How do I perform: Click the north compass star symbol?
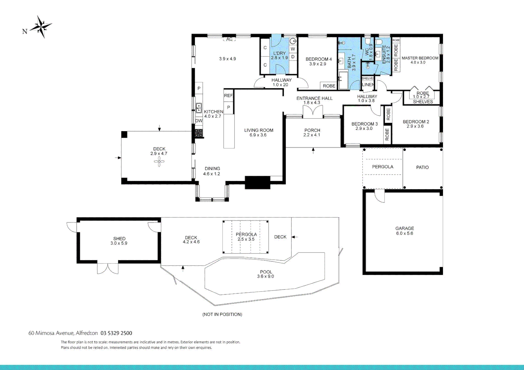(41, 26)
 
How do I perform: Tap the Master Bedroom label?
(420, 58)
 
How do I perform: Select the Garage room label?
(404, 229)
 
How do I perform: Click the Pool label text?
(266, 272)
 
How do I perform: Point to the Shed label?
(119, 239)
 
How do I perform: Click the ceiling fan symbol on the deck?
(159, 162)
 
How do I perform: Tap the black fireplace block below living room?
(258, 183)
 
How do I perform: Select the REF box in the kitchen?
(228, 96)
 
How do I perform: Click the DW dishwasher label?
(199, 121)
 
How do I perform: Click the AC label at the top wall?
(229, 39)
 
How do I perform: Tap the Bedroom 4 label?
(319, 59)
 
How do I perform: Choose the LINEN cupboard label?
(368, 85)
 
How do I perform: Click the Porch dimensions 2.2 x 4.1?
(312, 135)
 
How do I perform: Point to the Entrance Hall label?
(314, 98)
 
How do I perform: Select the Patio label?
(422, 168)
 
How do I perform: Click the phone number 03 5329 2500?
(116, 333)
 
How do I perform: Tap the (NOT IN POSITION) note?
(222, 314)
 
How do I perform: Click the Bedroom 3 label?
(365, 124)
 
